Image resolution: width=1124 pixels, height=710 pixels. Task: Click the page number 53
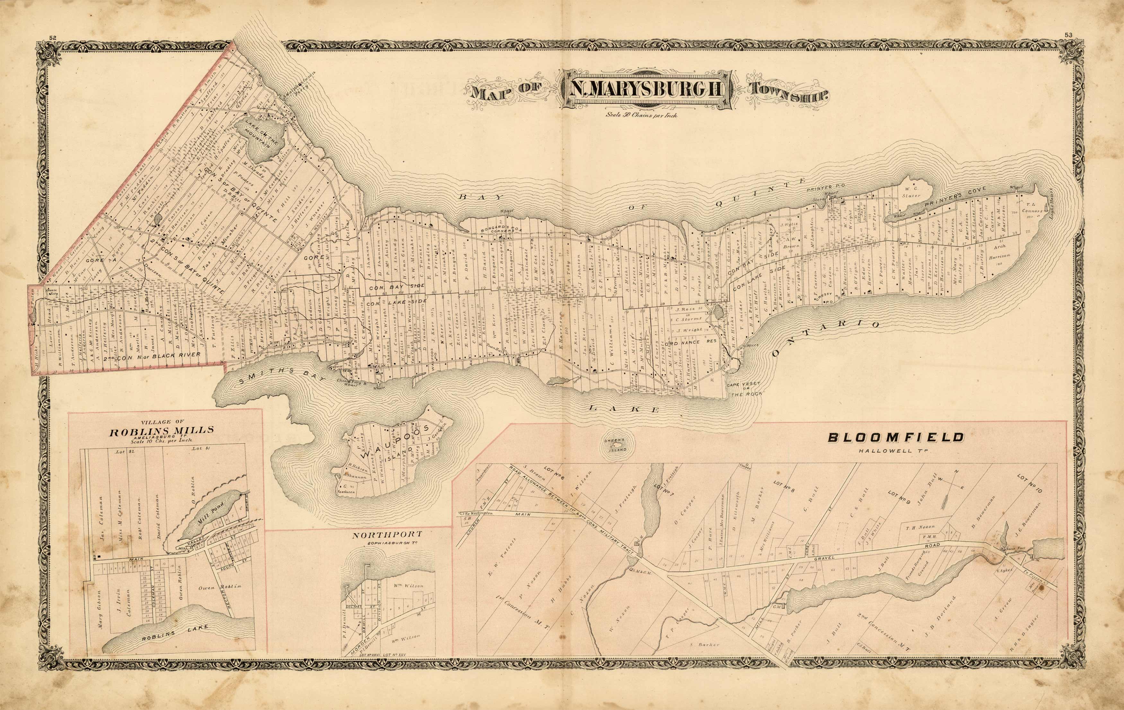point(1069,48)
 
